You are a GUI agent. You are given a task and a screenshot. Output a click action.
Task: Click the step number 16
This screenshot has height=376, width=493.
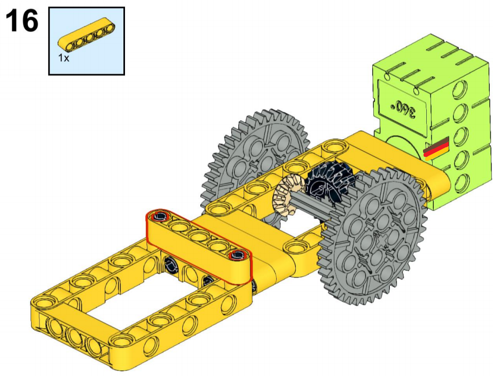tap(22, 21)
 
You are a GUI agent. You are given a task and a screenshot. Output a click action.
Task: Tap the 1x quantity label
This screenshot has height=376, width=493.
tap(64, 58)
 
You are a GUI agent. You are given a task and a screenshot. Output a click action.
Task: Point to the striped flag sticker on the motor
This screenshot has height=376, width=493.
tap(437, 149)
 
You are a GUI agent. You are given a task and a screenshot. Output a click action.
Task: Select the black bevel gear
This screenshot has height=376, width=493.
tap(330, 181)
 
